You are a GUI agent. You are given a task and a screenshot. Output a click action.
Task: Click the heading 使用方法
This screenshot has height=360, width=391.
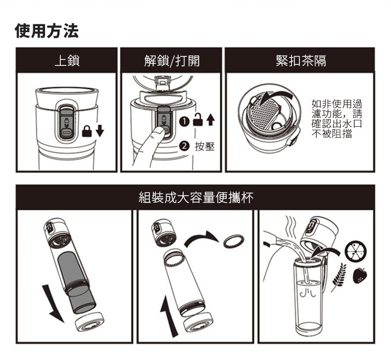click(x=47, y=32)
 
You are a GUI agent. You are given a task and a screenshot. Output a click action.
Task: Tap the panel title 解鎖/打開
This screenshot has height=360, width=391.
click(x=172, y=61)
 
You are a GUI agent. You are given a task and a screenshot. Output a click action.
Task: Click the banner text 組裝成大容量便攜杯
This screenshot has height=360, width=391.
click(x=195, y=198)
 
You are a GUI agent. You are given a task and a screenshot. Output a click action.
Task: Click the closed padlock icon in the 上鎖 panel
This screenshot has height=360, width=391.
click(x=87, y=131)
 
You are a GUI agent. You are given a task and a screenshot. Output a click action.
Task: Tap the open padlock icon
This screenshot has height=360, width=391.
click(x=198, y=120)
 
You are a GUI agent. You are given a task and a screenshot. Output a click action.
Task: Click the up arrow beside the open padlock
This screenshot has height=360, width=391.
click(x=211, y=120)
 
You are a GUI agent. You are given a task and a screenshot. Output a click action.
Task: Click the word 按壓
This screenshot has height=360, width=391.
click(x=204, y=147)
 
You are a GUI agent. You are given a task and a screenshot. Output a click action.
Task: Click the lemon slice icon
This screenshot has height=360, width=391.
click(x=355, y=250)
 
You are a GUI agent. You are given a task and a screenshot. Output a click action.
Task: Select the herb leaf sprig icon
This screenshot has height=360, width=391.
click(x=339, y=275)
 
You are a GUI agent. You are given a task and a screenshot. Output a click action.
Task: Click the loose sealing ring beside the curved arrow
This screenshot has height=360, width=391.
click(x=234, y=241)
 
